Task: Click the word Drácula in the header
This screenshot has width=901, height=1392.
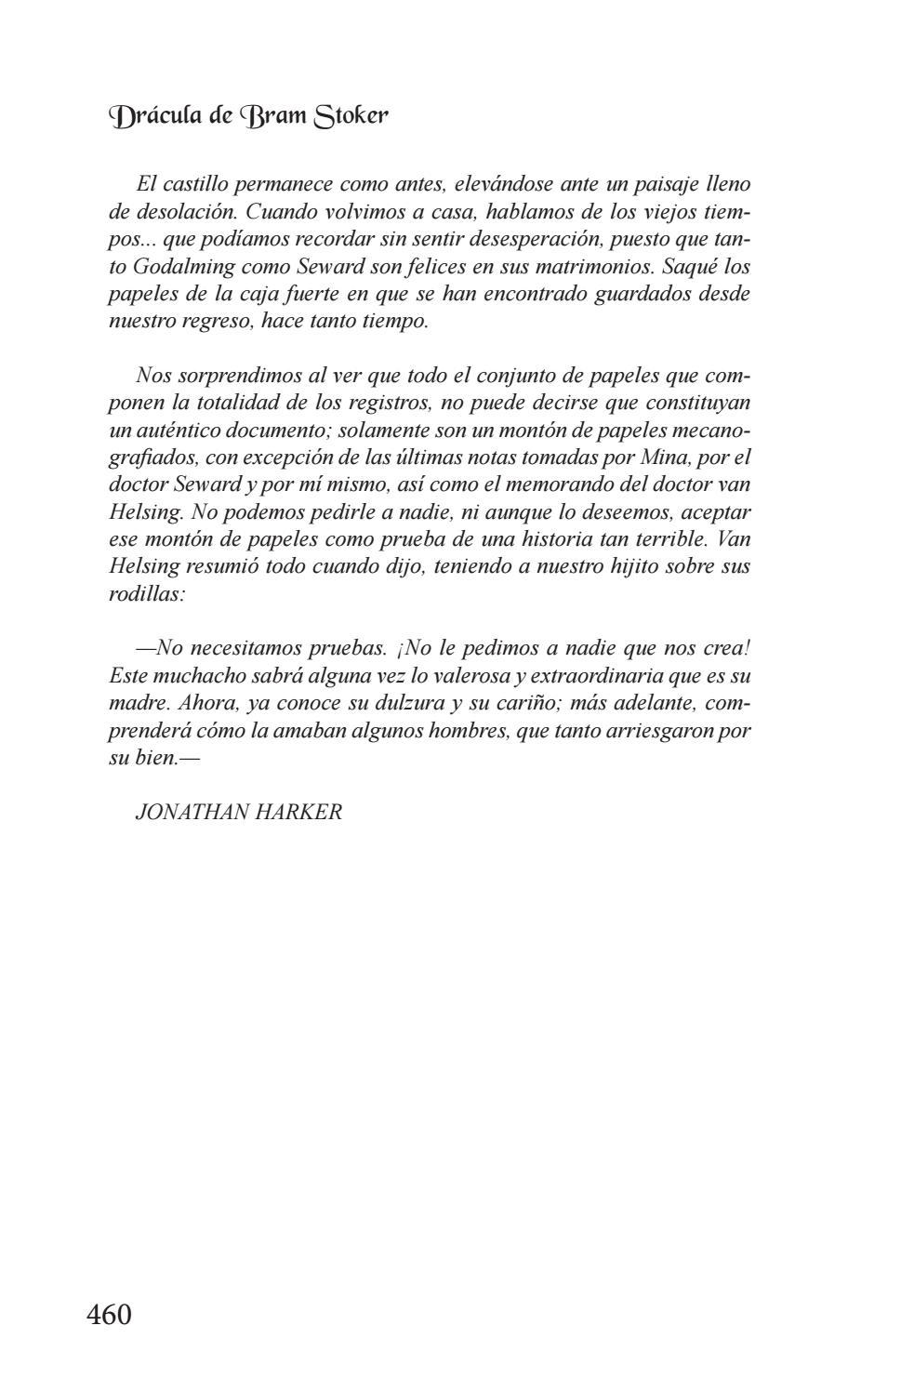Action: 155,117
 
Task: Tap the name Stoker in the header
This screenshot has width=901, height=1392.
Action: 351,117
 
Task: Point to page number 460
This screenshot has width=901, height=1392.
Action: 109,1315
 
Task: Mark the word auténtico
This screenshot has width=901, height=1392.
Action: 171,431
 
